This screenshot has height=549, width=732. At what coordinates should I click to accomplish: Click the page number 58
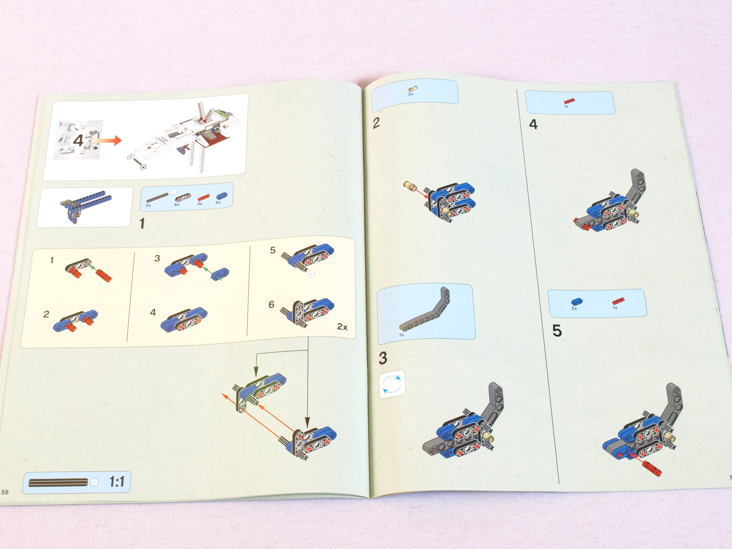click(x=5, y=492)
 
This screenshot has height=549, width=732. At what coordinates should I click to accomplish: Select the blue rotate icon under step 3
click(x=392, y=384)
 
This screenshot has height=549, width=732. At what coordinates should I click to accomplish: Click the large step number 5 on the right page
click(x=557, y=331)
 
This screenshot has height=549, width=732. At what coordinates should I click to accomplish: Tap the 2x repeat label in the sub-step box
click(x=342, y=327)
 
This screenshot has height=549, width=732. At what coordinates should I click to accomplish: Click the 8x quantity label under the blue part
click(x=218, y=202)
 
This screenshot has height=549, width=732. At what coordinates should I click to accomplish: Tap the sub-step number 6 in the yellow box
click(x=271, y=304)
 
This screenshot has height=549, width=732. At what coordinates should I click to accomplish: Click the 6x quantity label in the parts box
click(x=177, y=204)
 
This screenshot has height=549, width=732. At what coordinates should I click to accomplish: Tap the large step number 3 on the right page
click(x=383, y=358)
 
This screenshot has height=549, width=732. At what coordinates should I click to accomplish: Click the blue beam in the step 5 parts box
click(x=577, y=301)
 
